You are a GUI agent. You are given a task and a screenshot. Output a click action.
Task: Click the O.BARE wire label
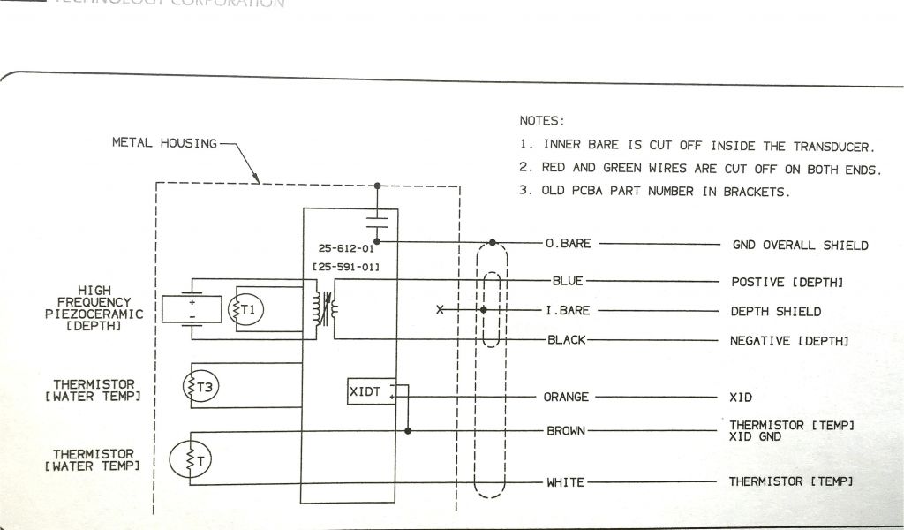[x=568, y=244]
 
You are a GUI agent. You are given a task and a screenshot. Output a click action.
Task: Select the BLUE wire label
[x=568, y=282]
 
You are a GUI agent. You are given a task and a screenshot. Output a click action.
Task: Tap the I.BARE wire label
[x=568, y=311]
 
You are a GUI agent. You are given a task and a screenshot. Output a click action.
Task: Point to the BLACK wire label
[x=567, y=340]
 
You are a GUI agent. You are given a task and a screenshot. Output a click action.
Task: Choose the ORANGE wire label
[x=566, y=397]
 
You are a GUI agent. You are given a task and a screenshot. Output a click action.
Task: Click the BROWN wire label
[x=566, y=431]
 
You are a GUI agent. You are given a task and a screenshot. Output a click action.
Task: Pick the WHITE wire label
[x=565, y=482]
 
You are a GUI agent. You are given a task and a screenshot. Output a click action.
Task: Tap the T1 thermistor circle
[x=246, y=309]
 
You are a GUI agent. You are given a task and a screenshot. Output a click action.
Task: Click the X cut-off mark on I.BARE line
[x=440, y=310]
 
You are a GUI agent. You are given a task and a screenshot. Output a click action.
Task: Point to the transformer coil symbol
[x=324, y=308]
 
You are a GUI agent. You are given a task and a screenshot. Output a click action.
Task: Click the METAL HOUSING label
[x=164, y=142]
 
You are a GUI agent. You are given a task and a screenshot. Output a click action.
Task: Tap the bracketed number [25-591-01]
[x=345, y=267]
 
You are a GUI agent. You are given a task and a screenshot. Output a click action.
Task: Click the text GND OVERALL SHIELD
[x=801, y=245]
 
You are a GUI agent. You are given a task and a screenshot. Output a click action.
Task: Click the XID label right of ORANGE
[x=742, y=397]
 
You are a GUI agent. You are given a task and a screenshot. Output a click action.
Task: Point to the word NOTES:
[x=541, y=120]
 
